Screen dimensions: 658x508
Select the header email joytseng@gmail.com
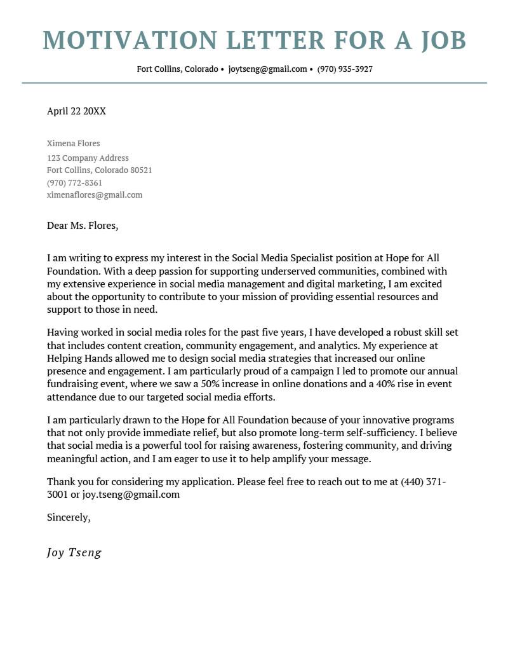(267, 69)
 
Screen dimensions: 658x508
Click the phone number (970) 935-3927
(345, 69)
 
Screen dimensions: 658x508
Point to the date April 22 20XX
(76, 111)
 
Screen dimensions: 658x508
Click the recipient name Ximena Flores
(73, 143)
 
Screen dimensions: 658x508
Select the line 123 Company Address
(88, 158)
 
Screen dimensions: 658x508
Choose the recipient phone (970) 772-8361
(74, 183)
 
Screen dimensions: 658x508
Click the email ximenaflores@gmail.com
(95, 195)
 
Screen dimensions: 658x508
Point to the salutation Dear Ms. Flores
(83, 225)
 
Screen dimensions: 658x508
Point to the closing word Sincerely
(69, 517)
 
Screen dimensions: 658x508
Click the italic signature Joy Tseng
(74, 552)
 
